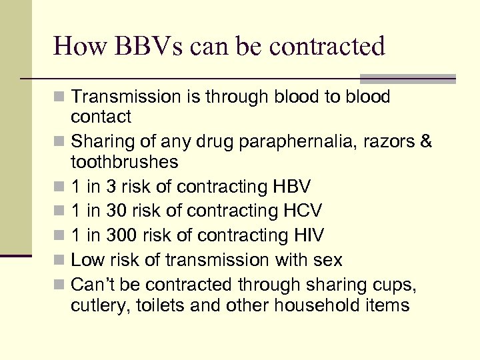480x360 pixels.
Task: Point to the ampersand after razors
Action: [x=426, y=142]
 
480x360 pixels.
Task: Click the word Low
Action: [x=86, y=259]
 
